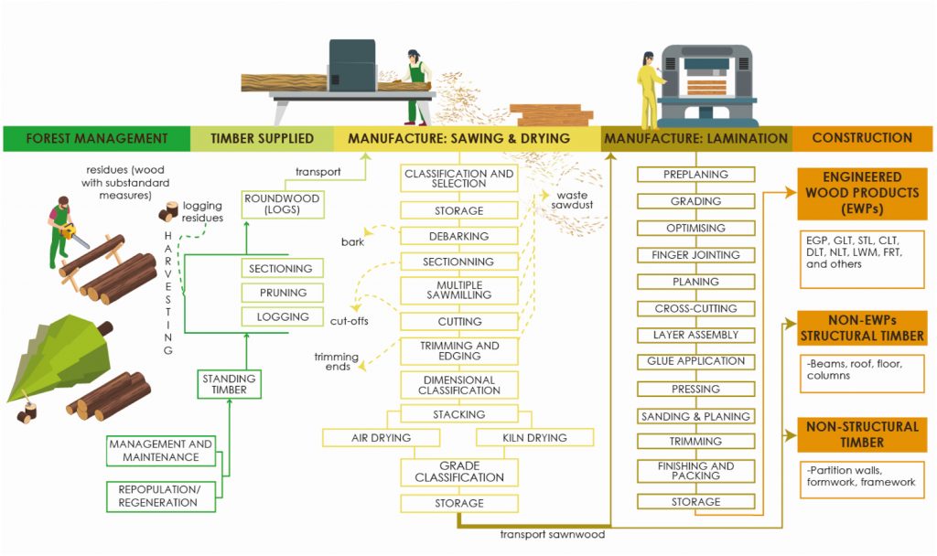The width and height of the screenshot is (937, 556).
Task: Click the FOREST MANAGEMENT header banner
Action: click(96, 138)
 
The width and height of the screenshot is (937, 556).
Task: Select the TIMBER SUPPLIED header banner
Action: click(262, 138)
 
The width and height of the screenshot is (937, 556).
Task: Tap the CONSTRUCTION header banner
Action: click(862, 138)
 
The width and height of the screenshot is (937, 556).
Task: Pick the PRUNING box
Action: click(281, 293)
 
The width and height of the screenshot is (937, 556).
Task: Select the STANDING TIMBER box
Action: click(230, 383)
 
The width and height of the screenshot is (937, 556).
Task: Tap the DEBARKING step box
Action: click(458, 236)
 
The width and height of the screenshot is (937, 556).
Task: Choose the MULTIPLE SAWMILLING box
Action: click(458, 290)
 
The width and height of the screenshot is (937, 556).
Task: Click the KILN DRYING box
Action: click(534, 438)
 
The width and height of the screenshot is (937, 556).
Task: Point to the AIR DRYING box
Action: click(382, 438)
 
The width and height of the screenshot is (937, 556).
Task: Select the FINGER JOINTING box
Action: click(696, 254)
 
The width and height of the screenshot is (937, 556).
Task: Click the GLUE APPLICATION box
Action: click(696, 361)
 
